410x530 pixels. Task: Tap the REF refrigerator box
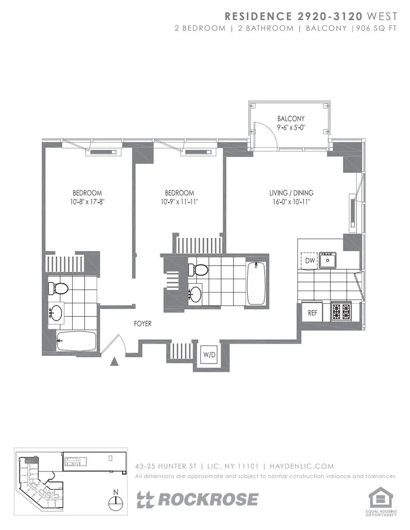[312, 313]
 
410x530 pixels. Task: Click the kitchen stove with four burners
[339, 311]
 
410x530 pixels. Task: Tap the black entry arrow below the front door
[114, 362]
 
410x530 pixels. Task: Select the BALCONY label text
[291, 119]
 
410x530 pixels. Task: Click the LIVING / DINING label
[291, 193]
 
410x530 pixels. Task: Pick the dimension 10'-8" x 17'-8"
[87, 202]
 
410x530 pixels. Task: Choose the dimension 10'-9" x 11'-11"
[179, 202]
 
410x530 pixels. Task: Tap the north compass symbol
[116, 500]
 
